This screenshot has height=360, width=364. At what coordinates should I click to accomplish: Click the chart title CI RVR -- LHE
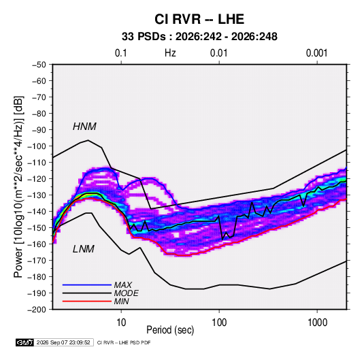(199, 19)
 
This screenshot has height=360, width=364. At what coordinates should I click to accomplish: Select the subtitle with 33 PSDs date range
(199, 37)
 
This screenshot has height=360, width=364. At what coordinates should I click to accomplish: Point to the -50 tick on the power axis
(39, 65)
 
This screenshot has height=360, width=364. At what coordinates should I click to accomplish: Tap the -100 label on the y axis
(37, 146)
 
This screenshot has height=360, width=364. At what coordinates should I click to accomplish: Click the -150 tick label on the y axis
(37, 228)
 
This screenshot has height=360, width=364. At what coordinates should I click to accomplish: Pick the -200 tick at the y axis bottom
(37, 310)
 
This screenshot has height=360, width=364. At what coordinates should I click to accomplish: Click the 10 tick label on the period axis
(121, 323)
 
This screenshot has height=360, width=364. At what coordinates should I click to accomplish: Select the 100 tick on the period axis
(219, 323)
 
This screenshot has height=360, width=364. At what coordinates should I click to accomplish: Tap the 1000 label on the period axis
(317, 323)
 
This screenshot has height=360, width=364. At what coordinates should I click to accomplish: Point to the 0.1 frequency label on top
(121, 53)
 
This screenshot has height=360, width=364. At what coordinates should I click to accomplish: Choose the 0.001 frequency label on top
(317, 53)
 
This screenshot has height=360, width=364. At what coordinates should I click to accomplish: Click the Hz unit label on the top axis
(170, 53)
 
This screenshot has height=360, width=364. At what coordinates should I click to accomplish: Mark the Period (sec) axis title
(170, 330)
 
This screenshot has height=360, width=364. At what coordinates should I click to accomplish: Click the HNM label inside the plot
(84, 127)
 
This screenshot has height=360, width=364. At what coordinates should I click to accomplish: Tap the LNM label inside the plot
(84, 249)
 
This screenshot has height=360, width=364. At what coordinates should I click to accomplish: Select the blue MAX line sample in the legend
(87, 284)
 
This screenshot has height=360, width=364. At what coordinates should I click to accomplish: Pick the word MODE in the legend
(126, 293)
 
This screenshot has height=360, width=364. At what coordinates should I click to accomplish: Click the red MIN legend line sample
(87, 301)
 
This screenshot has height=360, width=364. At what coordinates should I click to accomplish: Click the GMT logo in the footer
(25, 342)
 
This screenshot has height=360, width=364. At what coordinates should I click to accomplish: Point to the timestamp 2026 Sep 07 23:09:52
(63, 342)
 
